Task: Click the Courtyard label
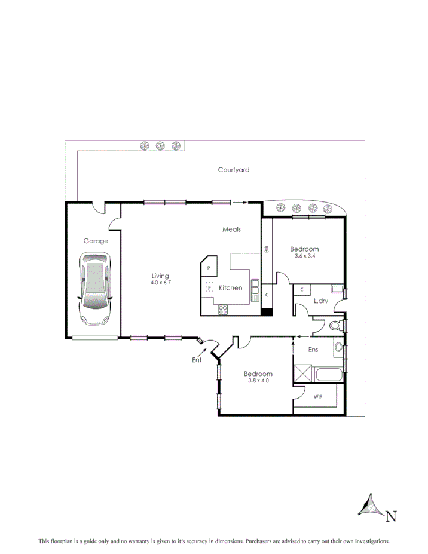point(233,170)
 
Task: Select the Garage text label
point(96,241)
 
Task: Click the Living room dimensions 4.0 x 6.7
point(161,282)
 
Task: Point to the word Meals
point(231,229)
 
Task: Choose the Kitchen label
point(231,288)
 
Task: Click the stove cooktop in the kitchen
point(223,309)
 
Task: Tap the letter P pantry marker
point(209,268)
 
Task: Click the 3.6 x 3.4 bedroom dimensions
point(305,256)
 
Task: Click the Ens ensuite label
point(313,350)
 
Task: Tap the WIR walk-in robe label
point(317,396)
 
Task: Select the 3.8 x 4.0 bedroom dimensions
point(258,380)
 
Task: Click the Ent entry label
point(197,360)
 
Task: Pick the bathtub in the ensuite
point(328,377)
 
